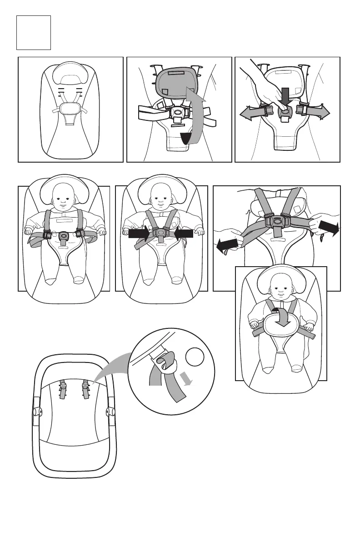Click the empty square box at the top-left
tap(33, 32)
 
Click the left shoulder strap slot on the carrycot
tap(63, 389)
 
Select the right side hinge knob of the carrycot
tap(109, 412)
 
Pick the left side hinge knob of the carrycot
tap(36, 412)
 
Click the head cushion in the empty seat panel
tap(70, 73)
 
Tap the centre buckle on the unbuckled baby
tap(64, 236)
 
